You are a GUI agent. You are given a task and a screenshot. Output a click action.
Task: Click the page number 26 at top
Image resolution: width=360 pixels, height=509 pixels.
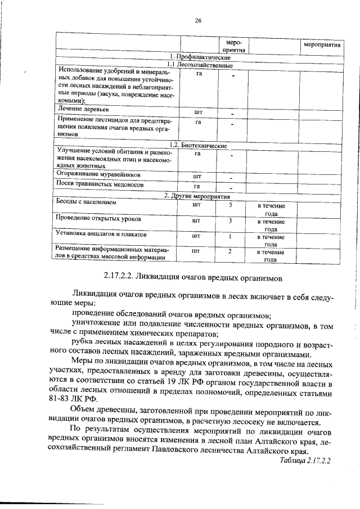198,21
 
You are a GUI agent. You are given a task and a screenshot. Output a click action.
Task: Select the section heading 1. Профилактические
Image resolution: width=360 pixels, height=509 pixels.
198,58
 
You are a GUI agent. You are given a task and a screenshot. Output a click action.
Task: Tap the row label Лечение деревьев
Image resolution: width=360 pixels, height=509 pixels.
80,109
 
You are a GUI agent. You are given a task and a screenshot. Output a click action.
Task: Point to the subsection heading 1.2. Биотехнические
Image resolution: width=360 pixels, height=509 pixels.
198,146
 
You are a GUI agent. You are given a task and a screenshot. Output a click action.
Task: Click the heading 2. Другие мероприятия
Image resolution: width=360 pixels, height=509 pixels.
198,196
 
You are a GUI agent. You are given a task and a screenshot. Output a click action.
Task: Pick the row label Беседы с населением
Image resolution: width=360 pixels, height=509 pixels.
85,202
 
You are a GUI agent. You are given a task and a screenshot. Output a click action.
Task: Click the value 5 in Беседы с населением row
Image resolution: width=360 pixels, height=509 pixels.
231,205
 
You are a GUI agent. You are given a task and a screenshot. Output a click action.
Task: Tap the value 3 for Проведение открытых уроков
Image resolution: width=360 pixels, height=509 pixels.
231,221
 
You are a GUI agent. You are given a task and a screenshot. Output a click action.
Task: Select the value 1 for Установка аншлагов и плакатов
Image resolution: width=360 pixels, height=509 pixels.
231,236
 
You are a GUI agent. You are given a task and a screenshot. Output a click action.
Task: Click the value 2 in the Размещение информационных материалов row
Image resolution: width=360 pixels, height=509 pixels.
231,251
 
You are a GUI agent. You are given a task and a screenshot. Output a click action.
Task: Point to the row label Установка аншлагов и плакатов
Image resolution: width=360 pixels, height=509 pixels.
101,233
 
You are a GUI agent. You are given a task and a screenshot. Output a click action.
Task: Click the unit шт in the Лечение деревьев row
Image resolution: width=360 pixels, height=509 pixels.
197,112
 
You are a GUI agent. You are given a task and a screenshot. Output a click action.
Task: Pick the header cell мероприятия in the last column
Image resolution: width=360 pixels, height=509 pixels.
322,44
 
